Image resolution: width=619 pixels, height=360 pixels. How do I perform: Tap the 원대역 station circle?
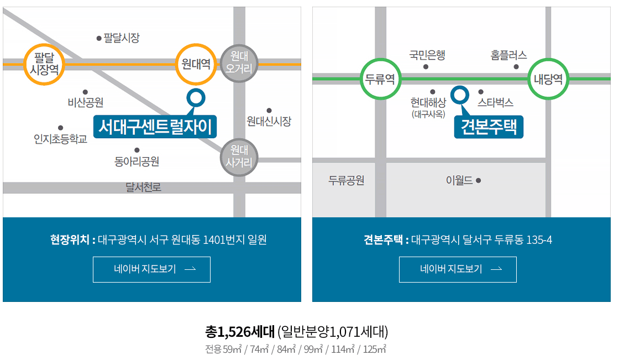(196, 64)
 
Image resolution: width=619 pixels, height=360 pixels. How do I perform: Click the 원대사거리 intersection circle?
(239, 156)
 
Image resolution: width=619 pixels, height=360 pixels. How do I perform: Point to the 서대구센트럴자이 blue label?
(155, 127)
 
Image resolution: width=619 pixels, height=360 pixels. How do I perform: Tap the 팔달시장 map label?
(121, 38)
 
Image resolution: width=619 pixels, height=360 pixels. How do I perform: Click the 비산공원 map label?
(86, 102)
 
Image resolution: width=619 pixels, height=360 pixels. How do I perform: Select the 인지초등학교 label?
(61, 139)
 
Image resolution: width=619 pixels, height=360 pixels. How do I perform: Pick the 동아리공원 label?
(137, 161)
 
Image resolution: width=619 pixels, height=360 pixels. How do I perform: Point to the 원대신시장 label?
(269, 121)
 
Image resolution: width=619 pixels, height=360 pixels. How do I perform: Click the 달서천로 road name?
(143, 187)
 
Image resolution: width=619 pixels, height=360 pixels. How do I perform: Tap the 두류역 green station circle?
(380, 79)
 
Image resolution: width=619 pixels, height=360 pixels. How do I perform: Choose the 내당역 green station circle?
(548, 79)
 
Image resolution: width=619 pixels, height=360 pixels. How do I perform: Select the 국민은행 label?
(427, 55)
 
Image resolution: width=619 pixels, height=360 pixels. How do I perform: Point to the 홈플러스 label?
(508, 55)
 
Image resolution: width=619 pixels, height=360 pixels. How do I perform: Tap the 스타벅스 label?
(496, 102)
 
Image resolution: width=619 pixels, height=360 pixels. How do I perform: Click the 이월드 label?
(459, 180)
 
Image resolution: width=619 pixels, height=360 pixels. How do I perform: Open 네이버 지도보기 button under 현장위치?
(151, 269)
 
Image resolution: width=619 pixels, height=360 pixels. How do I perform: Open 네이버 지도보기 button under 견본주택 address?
(458, 269)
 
